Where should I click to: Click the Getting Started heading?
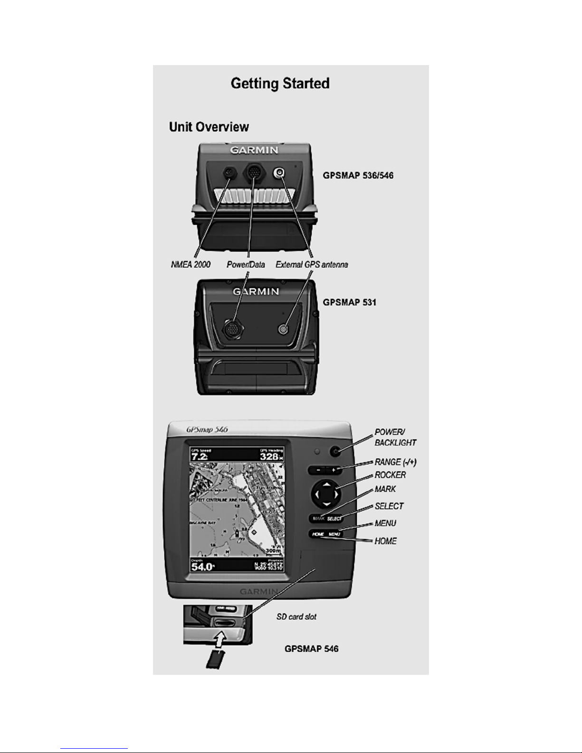(280, 84)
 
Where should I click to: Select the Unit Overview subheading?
(209, 127)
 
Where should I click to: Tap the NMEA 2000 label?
(191, 264)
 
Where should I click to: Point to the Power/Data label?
(246, 264)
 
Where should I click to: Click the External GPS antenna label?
(312, 264)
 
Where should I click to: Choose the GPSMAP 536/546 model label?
(358, 175)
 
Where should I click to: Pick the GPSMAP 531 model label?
(349, 302)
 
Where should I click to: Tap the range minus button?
(317, 470)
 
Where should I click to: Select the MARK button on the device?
(318, 519)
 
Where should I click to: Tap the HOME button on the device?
(318, 534)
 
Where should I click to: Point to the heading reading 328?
(269, 457)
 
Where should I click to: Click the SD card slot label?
(296, 617)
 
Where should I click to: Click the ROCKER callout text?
(390, 475)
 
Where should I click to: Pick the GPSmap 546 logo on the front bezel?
(207, 429)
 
